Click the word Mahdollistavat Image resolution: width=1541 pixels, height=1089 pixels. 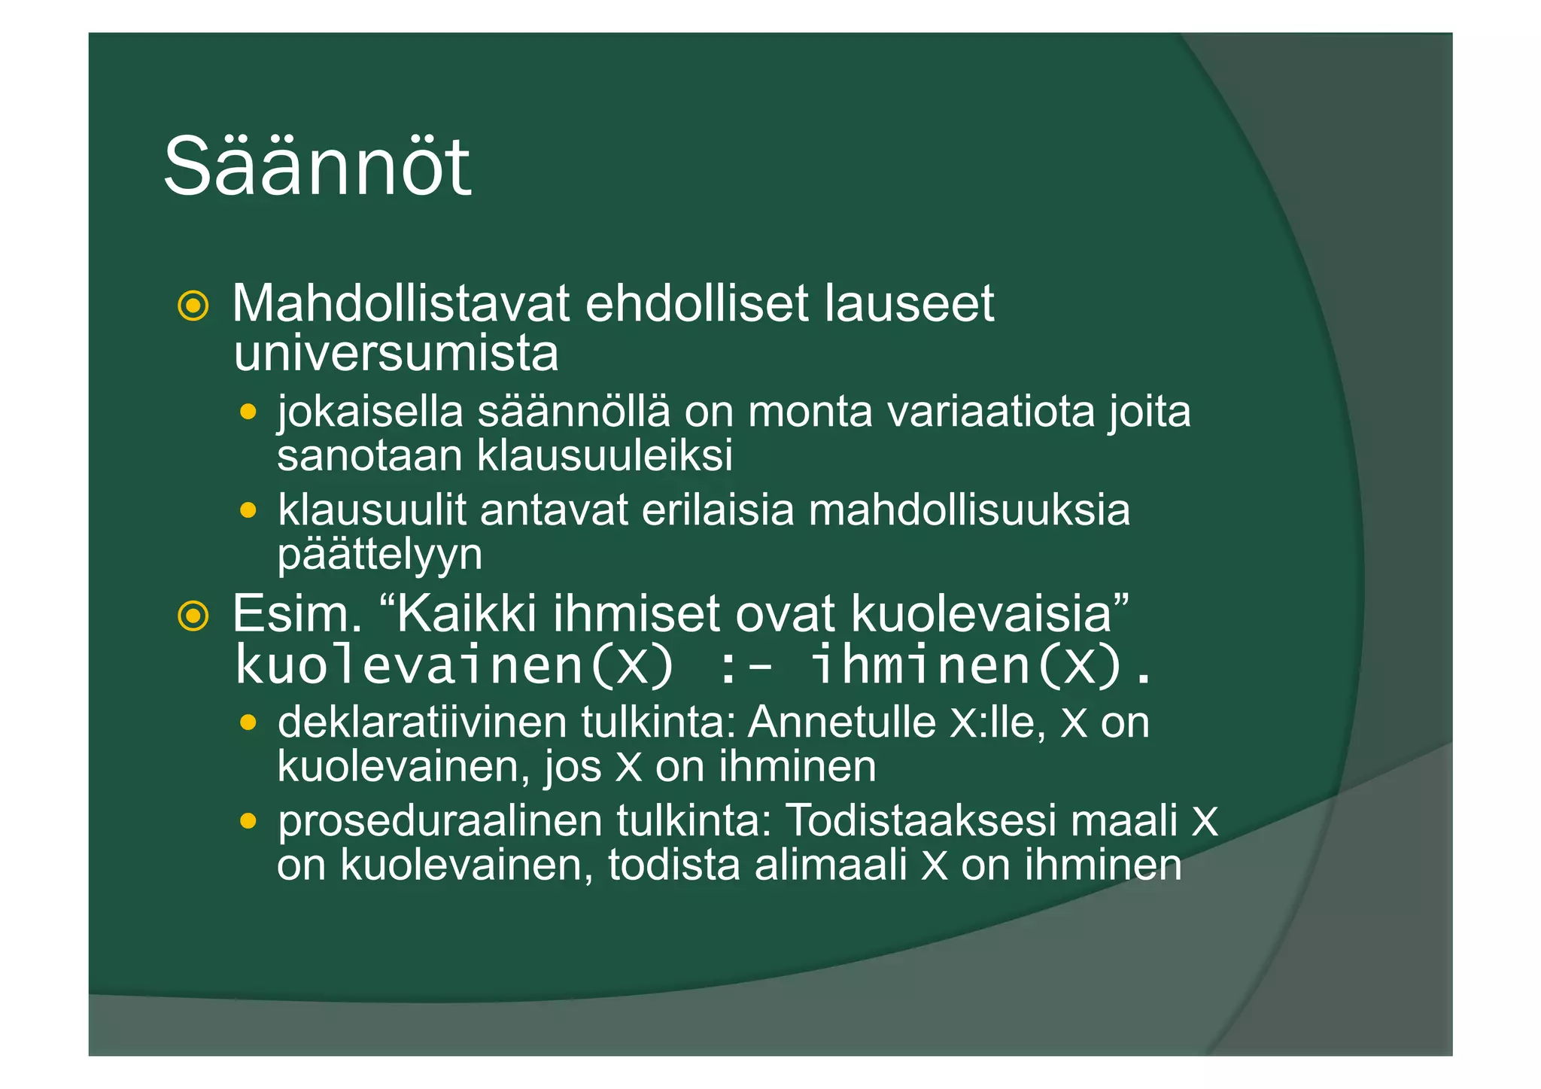(400, 304)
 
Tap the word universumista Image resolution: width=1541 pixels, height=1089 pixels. (396, 354)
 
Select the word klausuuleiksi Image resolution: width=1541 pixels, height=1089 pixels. (605, 456)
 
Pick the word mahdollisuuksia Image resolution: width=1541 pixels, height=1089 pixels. (969, 510)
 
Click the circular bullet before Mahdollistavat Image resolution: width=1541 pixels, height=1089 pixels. (193, 306)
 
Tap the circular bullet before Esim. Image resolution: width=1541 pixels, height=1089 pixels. (193, 616)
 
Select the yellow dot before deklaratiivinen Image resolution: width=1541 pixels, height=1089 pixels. (248, 723)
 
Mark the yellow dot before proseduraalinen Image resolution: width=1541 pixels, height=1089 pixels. (248, 821)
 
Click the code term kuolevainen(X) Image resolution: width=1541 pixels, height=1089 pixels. (454, 665)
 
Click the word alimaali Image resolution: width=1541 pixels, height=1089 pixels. (830, 865)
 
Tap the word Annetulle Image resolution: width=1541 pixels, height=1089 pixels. (841, 723)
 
